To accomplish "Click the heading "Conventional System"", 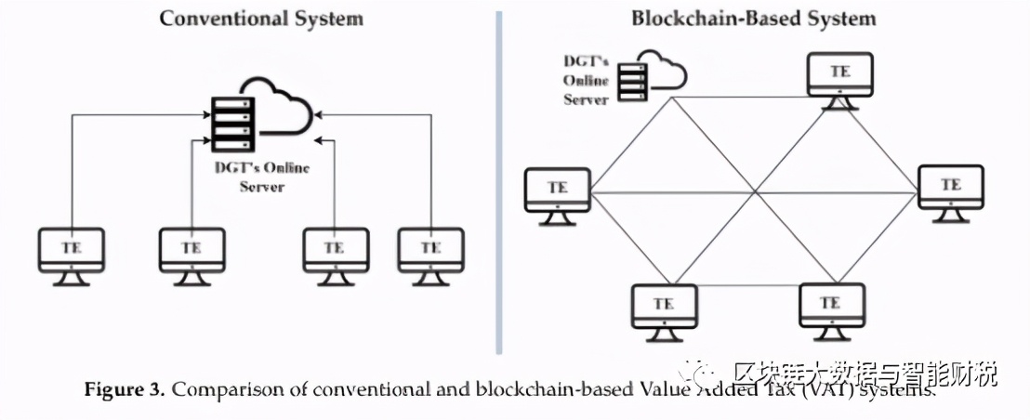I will [261, 18].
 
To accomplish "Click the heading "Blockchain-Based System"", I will [753, 18].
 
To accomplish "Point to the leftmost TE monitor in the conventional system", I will [72, 254].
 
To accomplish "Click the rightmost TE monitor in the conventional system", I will [430, 254].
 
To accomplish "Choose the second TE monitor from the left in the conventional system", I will [191, 254].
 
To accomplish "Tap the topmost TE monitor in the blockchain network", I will [839, 78].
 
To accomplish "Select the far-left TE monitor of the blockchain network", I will [557, 193].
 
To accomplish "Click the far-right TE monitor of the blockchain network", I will [950, 191].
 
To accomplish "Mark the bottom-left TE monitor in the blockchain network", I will [664, 310].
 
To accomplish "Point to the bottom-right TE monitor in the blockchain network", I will [831, 309].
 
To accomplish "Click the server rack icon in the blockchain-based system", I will [631, 78].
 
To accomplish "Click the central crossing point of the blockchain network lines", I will [753, 193].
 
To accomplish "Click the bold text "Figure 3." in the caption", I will [125, 389].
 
